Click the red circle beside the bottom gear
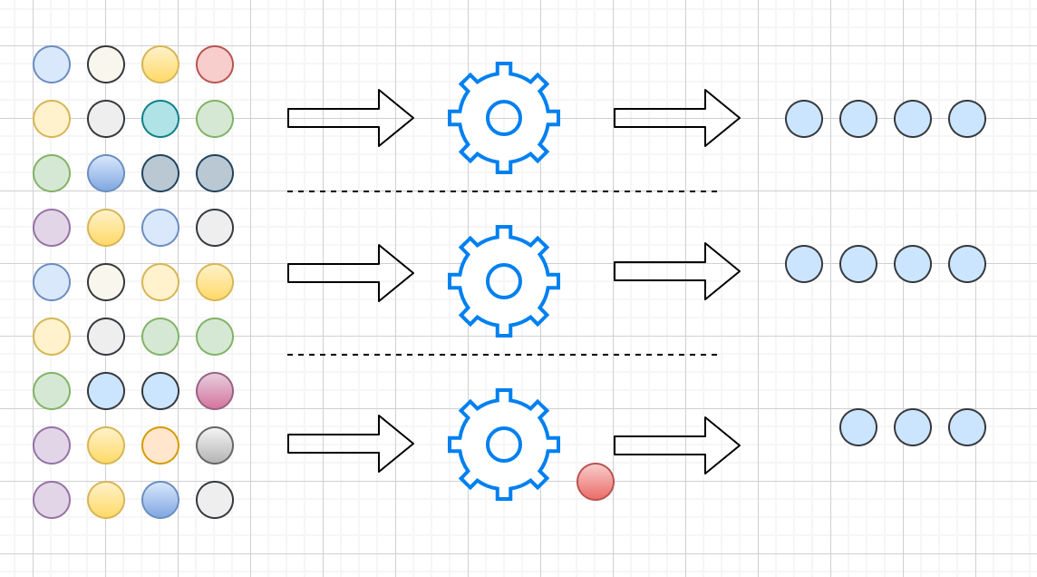(x=596, y=482)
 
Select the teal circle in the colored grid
(x=160, y=119)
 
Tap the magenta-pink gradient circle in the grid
(x=215, y=391)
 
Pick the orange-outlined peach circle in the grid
(x=160, y=445)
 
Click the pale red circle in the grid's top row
(x=215, y=64)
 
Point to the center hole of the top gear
(x=504, y=118)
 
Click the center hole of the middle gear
(x=504, y=281)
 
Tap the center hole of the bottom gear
(x=504, y=445)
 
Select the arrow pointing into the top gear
(x=351, y=118)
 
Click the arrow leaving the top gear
(x=677, y=118)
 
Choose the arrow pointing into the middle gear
(x=351, y=273)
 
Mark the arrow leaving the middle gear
(x=677, y=271)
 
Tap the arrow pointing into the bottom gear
(x=351, y=444)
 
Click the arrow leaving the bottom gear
(x=677, y=445)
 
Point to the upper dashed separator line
(x=502, y=191)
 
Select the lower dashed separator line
(x=502, y=355)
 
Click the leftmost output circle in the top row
(x=804, y=119)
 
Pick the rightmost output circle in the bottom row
(x=967, y=427)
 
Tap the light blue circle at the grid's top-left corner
(x=52, y=64)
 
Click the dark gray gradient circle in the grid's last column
(x=215, y=445)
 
